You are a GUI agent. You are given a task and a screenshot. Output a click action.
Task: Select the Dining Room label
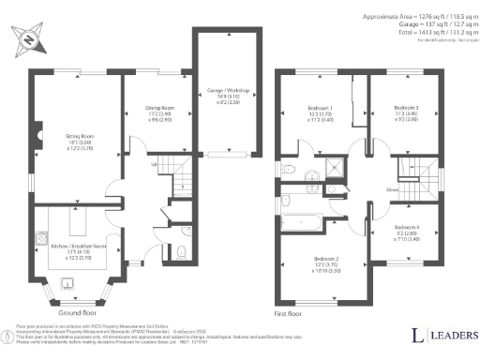(157, 112)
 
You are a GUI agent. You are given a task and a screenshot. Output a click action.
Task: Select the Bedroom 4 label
(406, 232)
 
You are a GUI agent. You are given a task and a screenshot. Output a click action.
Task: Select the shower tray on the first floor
(335, 169)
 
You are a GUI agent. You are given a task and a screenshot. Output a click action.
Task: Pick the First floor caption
(287, 313)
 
